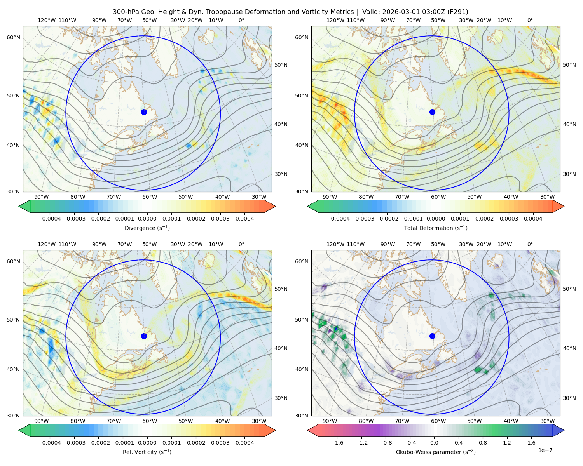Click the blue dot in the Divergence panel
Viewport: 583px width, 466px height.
coord(144,112)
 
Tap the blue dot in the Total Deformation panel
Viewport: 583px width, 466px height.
coord(432,112)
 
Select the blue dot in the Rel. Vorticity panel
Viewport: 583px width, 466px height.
coord(144,336)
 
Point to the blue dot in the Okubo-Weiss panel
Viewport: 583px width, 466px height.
coord(432,336)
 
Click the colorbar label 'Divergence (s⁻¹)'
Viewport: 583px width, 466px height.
coord(147,228)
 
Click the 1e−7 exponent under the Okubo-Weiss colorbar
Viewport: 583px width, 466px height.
coord(545,450)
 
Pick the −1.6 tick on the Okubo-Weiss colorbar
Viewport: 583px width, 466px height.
coord(337,442)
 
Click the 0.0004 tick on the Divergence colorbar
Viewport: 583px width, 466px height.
coord(244,219)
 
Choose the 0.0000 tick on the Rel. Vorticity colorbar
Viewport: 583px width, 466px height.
coord(147,442)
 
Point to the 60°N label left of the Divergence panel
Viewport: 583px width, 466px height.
coord(13,37)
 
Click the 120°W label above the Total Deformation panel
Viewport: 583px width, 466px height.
coord(335,20)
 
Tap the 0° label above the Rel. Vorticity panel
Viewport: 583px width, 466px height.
coord(241,244)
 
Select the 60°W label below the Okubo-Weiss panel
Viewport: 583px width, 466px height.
coord(438,421)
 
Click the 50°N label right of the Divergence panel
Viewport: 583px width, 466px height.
coord(281,65)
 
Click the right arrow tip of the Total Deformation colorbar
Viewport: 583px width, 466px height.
coord(564,206)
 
